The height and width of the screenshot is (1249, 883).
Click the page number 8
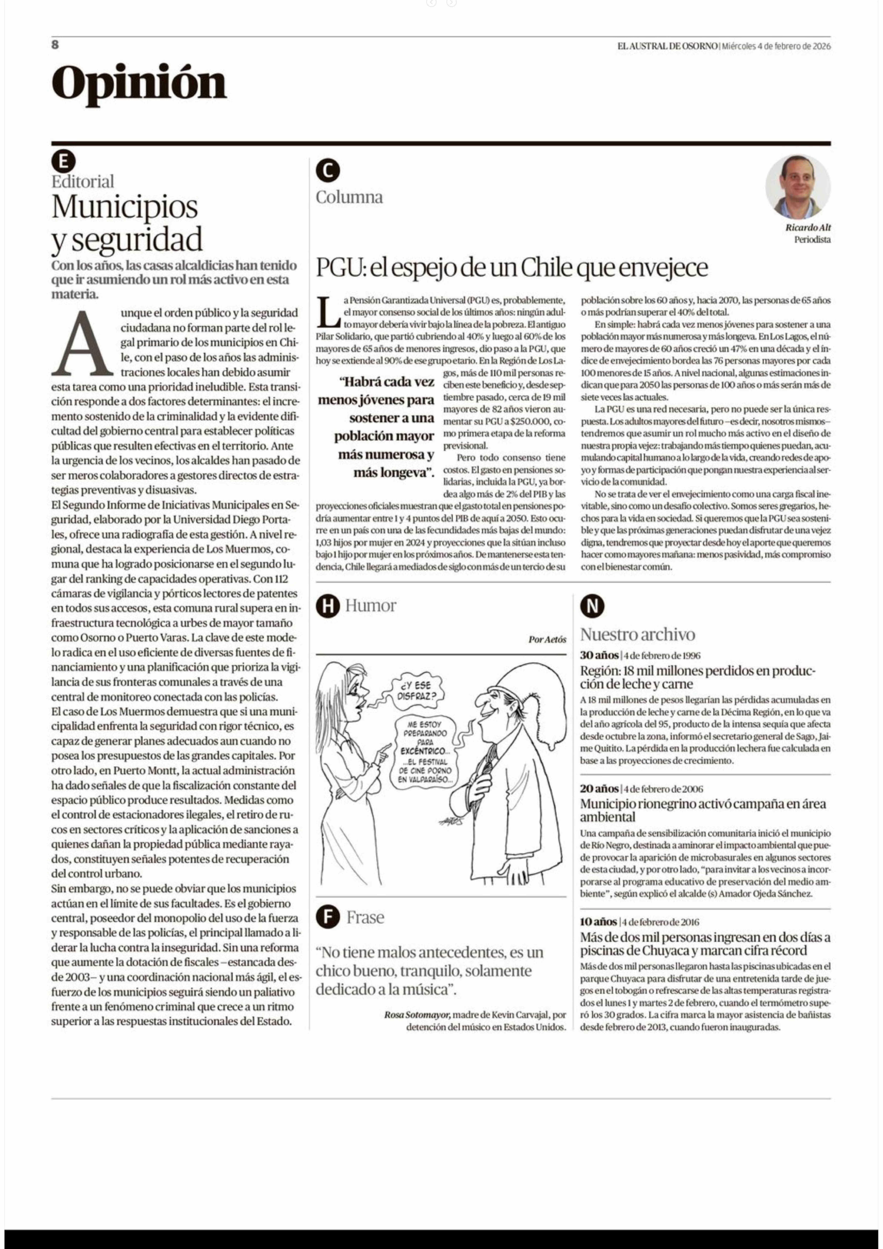pos(55,45)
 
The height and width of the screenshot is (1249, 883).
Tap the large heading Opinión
pos(139,83)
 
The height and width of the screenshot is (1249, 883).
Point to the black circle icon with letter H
pos(327,606)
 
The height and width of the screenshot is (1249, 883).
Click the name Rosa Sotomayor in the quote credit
pos(417,1015)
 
